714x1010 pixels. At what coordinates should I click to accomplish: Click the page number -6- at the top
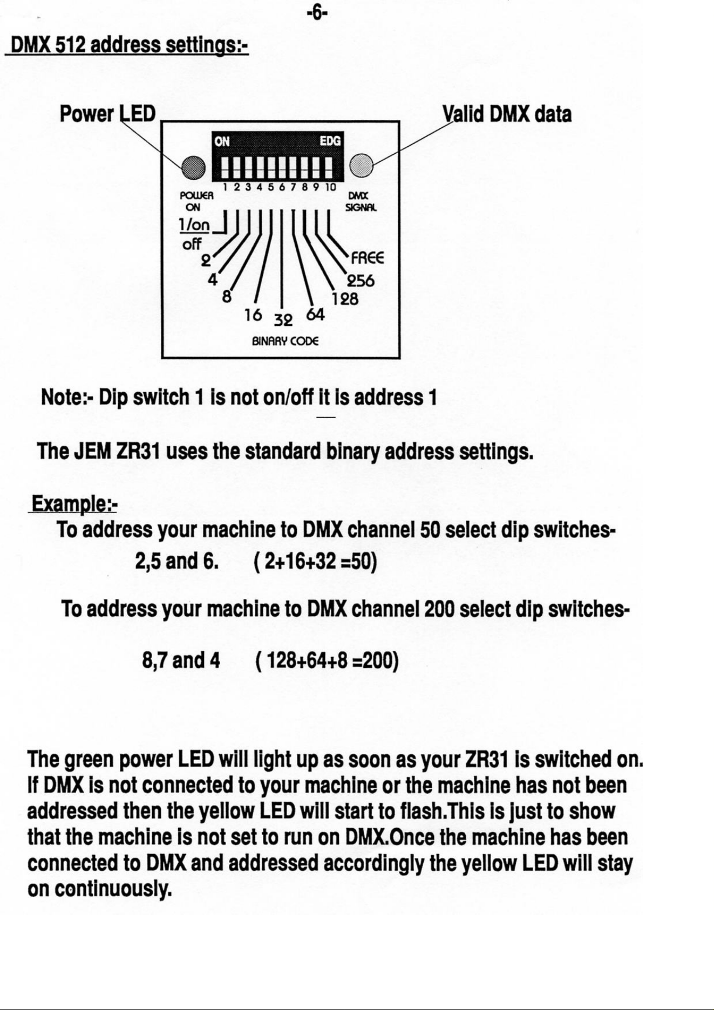(x=317, y=12)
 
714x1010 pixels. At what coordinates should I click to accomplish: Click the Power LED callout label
(x=107, y=114)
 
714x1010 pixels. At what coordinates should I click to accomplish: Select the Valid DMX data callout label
(x=507, y=114)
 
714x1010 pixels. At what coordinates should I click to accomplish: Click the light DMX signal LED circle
(x=362, y=166)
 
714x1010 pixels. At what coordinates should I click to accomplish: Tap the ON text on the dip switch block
(x=222, y=142)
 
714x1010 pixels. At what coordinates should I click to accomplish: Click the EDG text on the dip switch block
(x=330, y=141)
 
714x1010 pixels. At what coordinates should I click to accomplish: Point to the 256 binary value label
(x=361, y=281)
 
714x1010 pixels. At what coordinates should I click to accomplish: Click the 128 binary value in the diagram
(x=345, y=299)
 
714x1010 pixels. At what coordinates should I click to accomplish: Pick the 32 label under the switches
(x=283, y=320)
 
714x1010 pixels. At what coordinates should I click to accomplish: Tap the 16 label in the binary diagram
(x=253, y=315)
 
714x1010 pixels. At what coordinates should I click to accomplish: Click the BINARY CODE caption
(x=285, y=342)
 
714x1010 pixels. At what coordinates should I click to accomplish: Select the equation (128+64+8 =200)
(x=325, y=660)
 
